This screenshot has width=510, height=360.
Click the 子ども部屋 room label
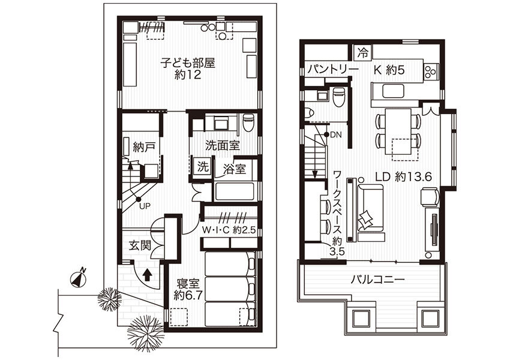187,62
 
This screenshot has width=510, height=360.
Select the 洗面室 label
222,145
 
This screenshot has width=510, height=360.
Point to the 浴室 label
234,169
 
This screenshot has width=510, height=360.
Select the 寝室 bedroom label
187,283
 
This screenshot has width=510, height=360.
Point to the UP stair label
145,206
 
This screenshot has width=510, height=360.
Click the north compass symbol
77,278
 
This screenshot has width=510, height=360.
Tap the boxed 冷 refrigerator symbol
362,52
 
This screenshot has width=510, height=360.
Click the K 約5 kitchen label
389,70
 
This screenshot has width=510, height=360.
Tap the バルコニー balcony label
377,280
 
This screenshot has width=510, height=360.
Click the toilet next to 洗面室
248,123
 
